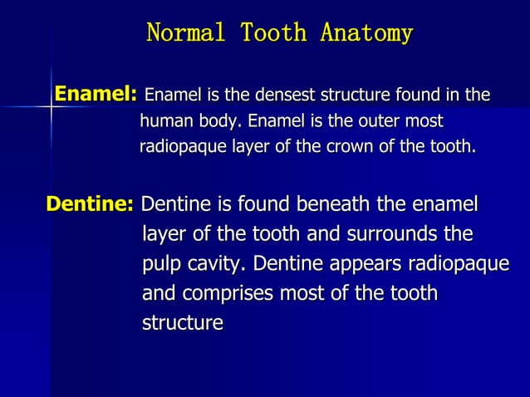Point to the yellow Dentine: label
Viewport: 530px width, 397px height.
pyautogui.click(x=91, y=204)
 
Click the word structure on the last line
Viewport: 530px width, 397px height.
pyautogui.click(x=183, y=323)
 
